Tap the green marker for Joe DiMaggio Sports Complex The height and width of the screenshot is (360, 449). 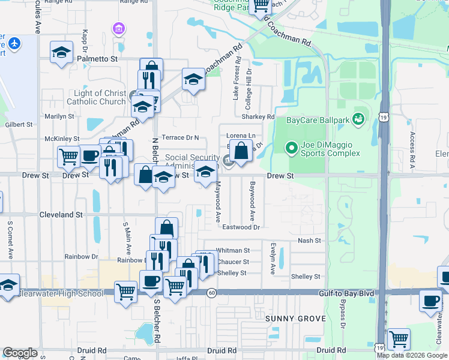pyautogui.click(x=291, y=146)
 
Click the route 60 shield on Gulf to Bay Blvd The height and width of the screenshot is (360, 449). pyautogui.click(x=212, y=293)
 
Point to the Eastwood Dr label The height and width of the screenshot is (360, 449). pyautogui.click(x=241, y=227)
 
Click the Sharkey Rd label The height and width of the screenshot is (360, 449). pyautogui.click(x=258, y=116)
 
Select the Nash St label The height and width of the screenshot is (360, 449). pyautogui.click(x=310, y=241)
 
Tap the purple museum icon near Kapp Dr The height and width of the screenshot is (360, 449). pyautogui.click(x=118, y=28)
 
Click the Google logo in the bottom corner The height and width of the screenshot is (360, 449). pyautogui.click(x=20, y=353)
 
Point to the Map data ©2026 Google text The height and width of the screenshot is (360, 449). pyautogui.click(x=412, y=355)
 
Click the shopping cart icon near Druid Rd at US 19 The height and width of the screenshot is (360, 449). pyautogui.click(x=398, y=339)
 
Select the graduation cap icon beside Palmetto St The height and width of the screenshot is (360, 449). pyautogui.click(x=61, y=52)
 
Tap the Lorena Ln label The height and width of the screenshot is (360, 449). pyautogui.click(x=241, y=136)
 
